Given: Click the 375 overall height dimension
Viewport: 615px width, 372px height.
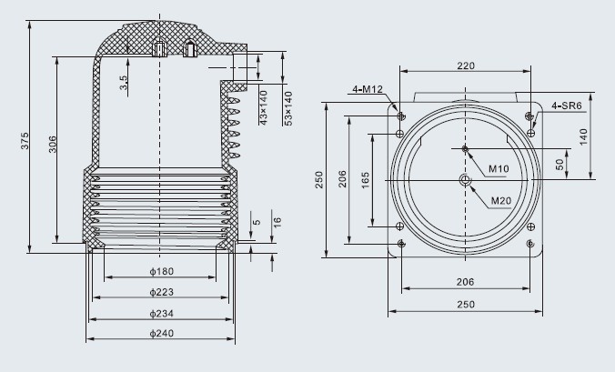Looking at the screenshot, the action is pyautogui.click(x=25, y=140).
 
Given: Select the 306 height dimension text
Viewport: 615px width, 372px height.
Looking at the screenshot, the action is pyautogui.click(x=53, y=145).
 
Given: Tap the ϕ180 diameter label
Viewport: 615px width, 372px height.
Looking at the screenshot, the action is pyautogui.click(x=162, y=271).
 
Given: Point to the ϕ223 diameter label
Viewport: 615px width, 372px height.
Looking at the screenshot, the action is pyautogui.click(x=162, y=292).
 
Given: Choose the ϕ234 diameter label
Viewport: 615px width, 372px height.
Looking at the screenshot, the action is pyautogui.click(x=162, y=313).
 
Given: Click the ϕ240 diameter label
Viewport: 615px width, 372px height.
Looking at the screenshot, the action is pyautogui.click(x=162, y=333).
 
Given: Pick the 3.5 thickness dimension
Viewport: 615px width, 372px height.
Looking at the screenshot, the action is pyautogui.click(x=123, y=83).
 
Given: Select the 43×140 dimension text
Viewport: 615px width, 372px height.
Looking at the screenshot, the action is pyautogui.click(x=264, y=108).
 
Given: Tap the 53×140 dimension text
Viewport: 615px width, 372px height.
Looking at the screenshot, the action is pyautogui.click(x=288, y=108).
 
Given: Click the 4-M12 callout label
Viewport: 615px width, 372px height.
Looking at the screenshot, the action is pyautogui.click(x=368, y=89).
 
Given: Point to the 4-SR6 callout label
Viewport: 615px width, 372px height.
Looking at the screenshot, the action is pyautogui.click(x=567, y=106).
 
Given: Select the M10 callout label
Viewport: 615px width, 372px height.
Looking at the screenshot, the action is pyautogui.click(x=499, y=169).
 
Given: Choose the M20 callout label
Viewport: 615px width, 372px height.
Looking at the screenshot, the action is pyautogui.click(x=501, y=201).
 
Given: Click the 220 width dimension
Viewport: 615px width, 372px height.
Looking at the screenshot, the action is pyautogui.click(x=466, y=65).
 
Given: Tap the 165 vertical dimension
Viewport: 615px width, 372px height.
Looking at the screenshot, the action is pyautogui.click(x=366, y=180).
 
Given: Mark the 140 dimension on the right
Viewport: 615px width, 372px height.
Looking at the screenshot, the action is pyautogui.click(x=584, y=136).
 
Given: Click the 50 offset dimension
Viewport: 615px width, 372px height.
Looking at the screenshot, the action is pyautogui.click(x=560, y=164).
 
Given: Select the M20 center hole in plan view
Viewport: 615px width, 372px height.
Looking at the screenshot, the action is pyautogui.click(x=466, y=180).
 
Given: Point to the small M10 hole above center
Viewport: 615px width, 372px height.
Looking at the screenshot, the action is pyautogui.click(x=466, y=148).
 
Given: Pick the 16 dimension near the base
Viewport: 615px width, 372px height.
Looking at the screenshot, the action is pyautogui.click(x=277, y=222).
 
